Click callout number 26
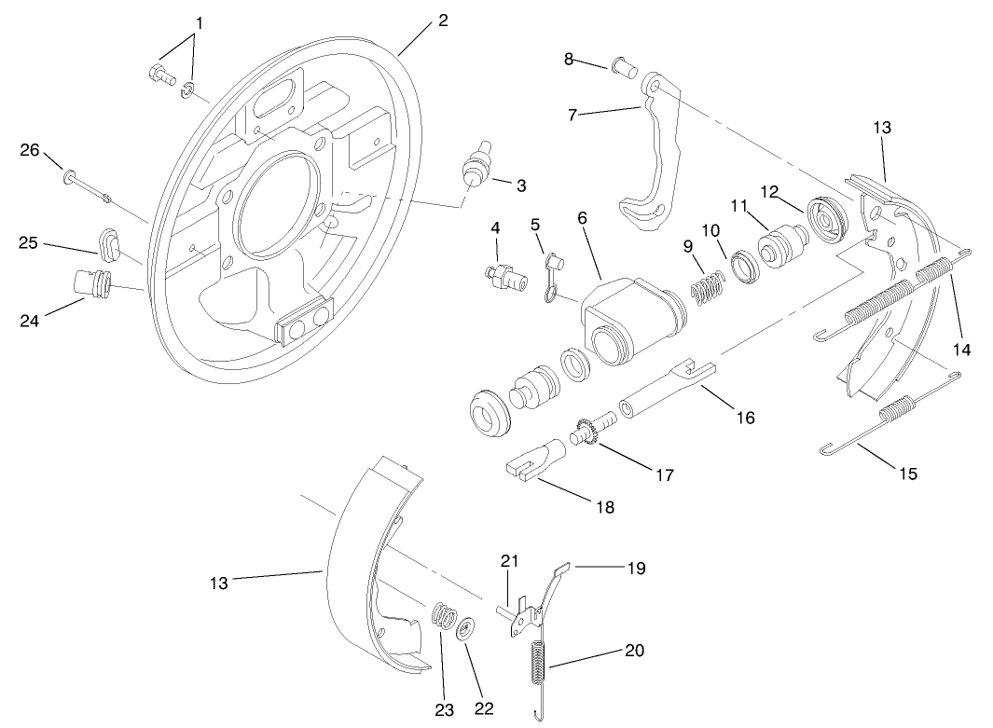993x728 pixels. (x=31, y=149)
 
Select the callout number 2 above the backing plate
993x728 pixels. (x=443, y=20)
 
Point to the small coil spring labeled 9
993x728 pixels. (x=709, y=284)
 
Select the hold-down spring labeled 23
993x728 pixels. (x=446, y=619)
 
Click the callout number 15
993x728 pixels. (x=907, y=474)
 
